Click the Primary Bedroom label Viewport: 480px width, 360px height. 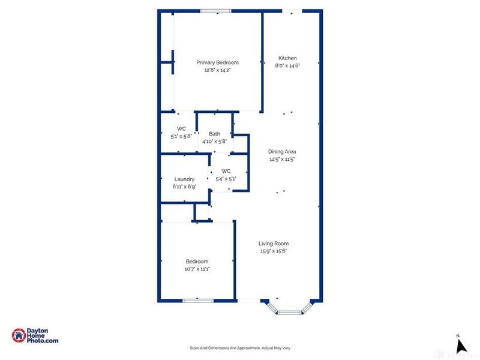(x=218, y=62)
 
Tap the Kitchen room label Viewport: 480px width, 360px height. (x=287, y=58)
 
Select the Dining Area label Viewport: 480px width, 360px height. (x=282, y=152)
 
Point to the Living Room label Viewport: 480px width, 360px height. (x=274, y=244)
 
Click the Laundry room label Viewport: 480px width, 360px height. (x=184, y=179)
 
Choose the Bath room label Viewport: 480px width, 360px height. (x=214, y=134)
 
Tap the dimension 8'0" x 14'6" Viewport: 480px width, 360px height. (x=287, y=65)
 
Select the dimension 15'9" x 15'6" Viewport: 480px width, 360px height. (x=274, y=251)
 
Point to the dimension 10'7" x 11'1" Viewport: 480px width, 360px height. (x=197, y=269)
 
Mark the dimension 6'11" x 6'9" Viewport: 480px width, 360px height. (x=184, y=187)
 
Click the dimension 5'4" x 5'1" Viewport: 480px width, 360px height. (x=226, y=178)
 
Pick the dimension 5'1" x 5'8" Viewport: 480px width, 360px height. (x=181, y=136)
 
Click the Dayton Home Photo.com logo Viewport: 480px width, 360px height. (x=36, y=336)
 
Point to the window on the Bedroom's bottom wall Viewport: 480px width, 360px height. (x=198, y=300)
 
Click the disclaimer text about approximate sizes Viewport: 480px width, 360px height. (x=239, y=348)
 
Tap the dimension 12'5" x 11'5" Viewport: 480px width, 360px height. (x=282, y=160)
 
